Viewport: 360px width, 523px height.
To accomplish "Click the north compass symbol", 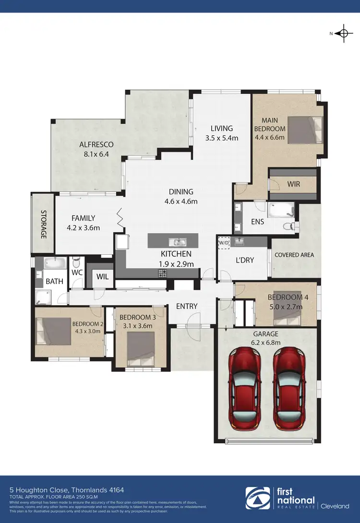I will [x=343, y=33].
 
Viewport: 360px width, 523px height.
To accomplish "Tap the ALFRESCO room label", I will [x=96, y=144].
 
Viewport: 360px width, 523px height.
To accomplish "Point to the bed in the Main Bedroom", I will [x=301, y=131].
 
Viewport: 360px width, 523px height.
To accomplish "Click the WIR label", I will [x=294, y=184].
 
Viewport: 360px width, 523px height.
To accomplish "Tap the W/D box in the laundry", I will [x=224, y=243].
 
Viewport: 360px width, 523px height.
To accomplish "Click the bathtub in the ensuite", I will [x=280, y=210].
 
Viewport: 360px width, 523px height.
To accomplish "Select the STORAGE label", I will [x=43, y=224].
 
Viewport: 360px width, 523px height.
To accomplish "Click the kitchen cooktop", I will [x=163, y=273].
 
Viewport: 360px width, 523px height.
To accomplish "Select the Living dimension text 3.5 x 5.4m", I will [x=221, y=138].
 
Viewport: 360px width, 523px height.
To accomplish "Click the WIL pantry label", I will [x=102, y=276].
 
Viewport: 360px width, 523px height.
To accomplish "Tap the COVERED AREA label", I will [x=294, y=255].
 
